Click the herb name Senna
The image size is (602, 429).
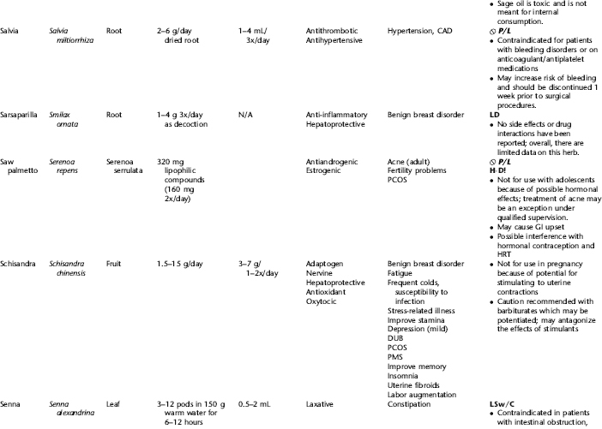click(15, 400)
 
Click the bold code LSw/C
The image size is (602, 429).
click(492, 400)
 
